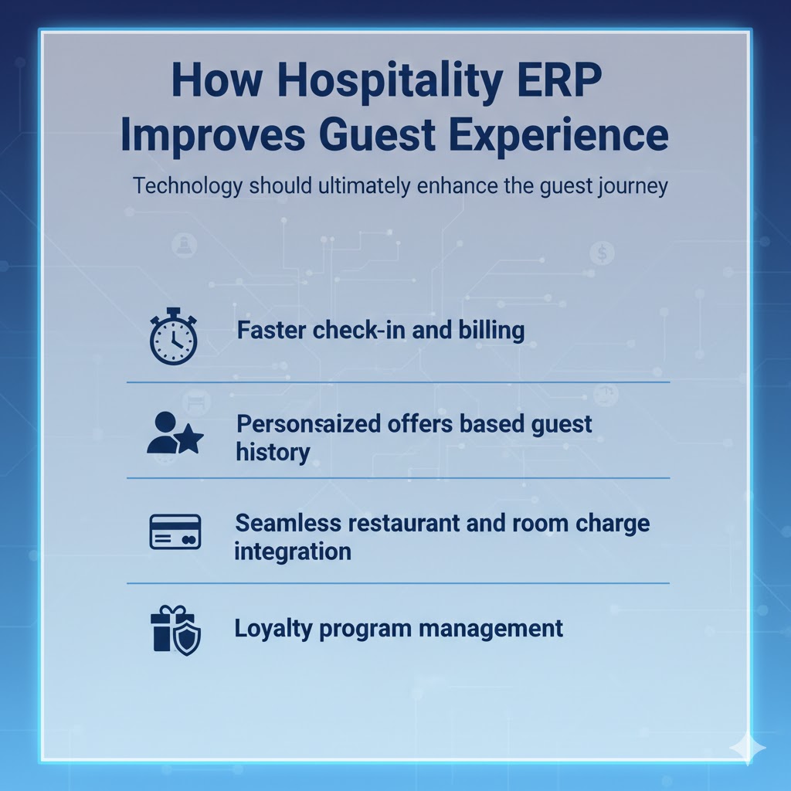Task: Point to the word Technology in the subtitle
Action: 185,187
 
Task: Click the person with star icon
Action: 175,434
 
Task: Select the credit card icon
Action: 175,532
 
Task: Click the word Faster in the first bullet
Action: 273,331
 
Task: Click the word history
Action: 273,452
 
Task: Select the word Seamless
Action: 287,523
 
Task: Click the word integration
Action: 293,552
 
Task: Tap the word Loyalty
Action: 271,628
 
